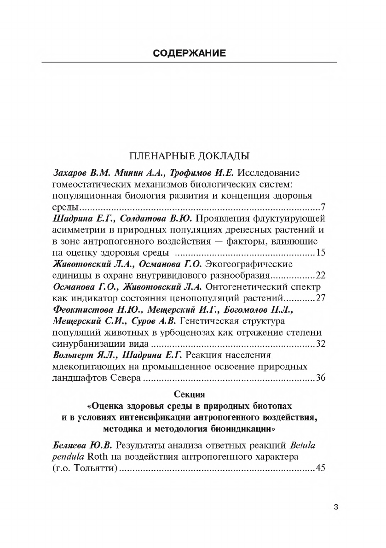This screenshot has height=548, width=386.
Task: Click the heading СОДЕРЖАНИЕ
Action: (189, 53)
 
